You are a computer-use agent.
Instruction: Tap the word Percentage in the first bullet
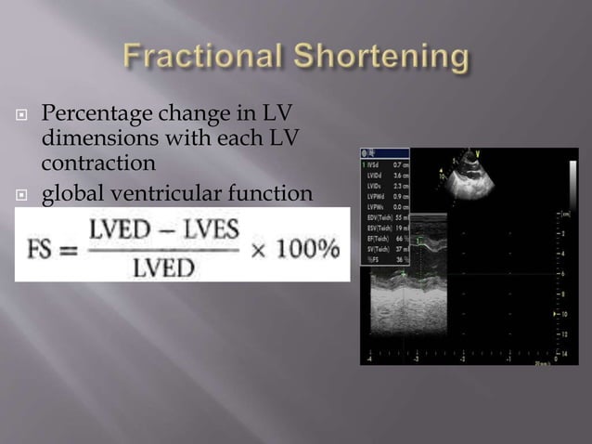pyautogui.click(x=94, y=115)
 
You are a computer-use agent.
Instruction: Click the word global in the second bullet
pyautogui.click(x=74, y=193)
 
